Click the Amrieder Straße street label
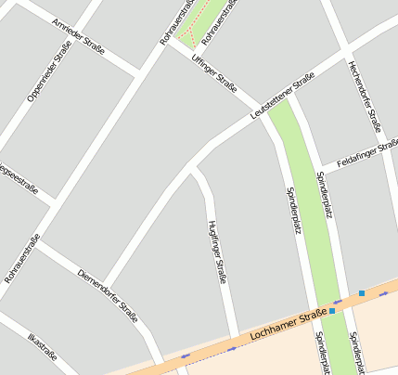point(79,36)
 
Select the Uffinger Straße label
point(213,72)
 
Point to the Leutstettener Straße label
point(283,101)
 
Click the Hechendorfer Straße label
point(365,95)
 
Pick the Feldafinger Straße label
point(367,151)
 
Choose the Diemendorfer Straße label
point(108,295)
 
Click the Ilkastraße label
point(42,353)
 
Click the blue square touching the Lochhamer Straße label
point(332,311)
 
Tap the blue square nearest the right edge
point(362,293)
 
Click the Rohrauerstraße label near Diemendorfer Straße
point(22,258)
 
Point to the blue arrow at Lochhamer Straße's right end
point(384,293)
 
